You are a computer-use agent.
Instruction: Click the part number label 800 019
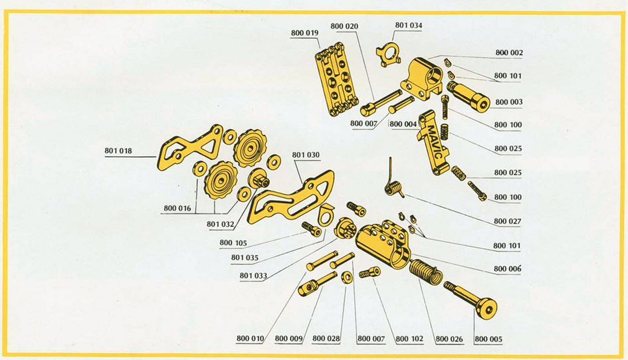(x=304, y=33)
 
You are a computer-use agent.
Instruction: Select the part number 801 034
(x=408, y=26)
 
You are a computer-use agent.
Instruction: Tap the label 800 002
(x=508, y=52)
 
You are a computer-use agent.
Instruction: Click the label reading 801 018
(x=118, y=151)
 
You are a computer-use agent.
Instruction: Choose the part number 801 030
(x=306, y=155)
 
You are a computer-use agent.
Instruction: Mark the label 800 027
(x=507, y=221)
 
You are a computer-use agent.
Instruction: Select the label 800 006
(x=507, y=269)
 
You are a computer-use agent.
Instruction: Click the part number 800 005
(x=488, y=339)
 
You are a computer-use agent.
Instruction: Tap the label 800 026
(x=449, y=339)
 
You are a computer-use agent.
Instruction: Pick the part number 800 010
(x=251, y=339)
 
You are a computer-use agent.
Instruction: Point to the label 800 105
(x=233, y=243)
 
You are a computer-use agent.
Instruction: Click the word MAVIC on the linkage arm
(x=431, y=141)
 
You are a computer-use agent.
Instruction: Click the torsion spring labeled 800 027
(x=394, y=187)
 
